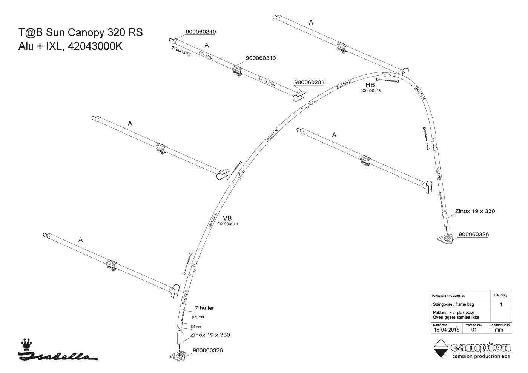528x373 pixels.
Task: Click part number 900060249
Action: click(x=200, y=32)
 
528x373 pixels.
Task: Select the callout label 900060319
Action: click(x=260, y=58)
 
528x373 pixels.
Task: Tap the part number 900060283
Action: click(x=309, y=82)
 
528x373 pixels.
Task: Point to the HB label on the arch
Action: click(x=370, y=85)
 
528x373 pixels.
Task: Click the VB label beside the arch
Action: click(x=227, y=218)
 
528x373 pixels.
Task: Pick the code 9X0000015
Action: click(x=370, y=91)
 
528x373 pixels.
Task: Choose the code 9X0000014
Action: click(x=227, y=224)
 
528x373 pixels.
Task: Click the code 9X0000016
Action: click(x=181, y=52)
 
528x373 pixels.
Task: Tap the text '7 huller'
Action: click(x=204, y=308)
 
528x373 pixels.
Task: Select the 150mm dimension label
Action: click(x=198, y=317)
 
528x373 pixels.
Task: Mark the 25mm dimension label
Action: click(x=196, y=327)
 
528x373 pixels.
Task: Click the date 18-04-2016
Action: click(x=446, y=330)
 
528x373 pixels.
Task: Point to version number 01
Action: click(x=474, y=330)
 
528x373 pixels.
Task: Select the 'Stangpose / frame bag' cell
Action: click(x=453, y=304)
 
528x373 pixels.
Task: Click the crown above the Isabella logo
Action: click(x=26, y=344)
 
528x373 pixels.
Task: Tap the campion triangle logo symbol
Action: click(x=440, y=348)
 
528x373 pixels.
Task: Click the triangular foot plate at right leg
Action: click(x=447, y=239)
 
